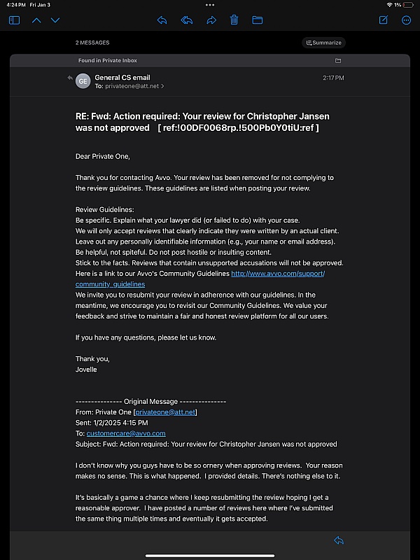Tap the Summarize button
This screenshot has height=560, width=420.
pos(323,43)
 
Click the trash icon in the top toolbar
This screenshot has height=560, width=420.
pos(234,20)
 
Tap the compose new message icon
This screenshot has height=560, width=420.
pos(384,20)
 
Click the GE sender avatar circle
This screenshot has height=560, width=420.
pos(83,81)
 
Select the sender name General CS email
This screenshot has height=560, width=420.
pos(122,77)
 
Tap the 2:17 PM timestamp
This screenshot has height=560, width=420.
pos(333,78)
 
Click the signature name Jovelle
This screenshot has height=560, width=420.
pos(87,370)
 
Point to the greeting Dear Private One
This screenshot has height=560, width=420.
pos(103,156)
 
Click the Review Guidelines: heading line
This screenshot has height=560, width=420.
pos(103,209)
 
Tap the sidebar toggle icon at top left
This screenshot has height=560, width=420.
pos(14,20)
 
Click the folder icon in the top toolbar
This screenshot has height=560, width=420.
pos(257,20)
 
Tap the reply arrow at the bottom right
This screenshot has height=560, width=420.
pos(339,540)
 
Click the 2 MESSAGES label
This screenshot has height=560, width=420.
pos(92,43)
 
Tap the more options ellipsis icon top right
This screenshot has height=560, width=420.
pos(406,20)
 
